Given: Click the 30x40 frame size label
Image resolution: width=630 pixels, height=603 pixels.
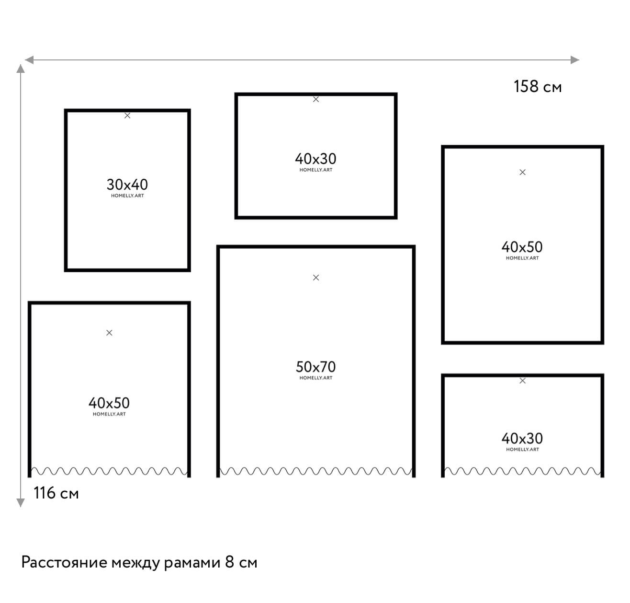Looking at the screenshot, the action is coord(127,185).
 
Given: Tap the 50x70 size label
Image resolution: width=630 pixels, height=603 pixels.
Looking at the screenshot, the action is coord(315,367).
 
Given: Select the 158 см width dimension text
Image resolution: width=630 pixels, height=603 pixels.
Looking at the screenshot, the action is coord(538,86).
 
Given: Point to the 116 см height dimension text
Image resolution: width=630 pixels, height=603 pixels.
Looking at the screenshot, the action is coord(56,493).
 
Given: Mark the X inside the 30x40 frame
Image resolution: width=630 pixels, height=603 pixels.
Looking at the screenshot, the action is coord(127,116).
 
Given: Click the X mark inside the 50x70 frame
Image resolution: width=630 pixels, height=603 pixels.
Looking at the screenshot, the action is coord(316,277).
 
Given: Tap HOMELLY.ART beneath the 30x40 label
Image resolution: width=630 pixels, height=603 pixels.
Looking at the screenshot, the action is coord(127,196).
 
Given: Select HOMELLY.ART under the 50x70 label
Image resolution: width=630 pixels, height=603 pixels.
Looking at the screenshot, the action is coord(315,378).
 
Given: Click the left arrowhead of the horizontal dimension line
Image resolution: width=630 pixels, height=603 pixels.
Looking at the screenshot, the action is coord(29,59).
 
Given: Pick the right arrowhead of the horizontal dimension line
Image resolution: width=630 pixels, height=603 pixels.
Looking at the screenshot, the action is coord(574,59).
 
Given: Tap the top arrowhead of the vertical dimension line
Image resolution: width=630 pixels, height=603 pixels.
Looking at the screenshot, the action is coord(21,69).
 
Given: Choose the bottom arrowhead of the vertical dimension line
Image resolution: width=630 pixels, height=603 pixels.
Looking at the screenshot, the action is coord(21,502).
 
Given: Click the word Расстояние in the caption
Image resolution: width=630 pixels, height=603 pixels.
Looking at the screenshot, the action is coord(64,562).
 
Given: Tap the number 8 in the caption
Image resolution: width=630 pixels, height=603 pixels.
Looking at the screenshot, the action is coord(229,562).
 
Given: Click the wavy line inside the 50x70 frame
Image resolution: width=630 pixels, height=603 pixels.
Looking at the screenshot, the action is coord(315,471).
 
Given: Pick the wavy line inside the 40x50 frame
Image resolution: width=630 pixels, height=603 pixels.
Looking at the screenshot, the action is coord(109,471).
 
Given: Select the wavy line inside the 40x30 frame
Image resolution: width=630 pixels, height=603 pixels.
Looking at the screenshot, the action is coord(522,471).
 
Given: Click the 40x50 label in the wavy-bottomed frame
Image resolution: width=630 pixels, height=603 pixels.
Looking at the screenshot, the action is coord(109,403).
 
